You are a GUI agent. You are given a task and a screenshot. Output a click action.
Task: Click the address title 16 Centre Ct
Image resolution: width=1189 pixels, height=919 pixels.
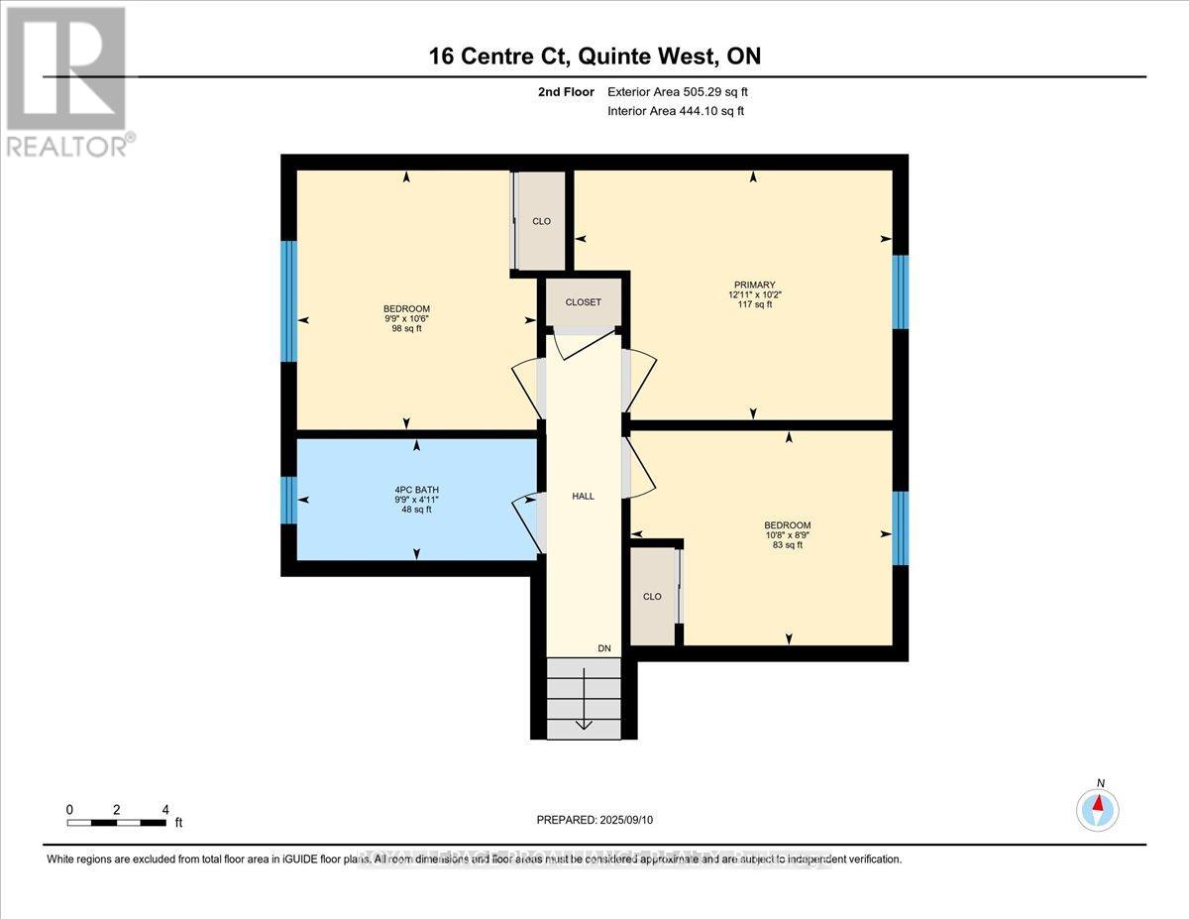coord(594,57)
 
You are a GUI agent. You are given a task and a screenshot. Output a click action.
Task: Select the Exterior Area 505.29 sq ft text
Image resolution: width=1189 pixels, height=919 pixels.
coord(677,92)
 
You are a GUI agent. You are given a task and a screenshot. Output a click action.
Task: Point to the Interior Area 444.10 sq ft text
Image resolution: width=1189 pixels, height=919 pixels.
coord(675,111)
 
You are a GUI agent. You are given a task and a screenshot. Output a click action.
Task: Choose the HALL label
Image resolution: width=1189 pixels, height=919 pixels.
coord(584,496)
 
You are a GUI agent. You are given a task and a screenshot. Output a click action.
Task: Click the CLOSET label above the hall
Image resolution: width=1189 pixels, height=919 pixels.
coord(584,302)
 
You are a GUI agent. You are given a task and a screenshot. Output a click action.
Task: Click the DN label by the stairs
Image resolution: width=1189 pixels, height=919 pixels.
coord(604,648)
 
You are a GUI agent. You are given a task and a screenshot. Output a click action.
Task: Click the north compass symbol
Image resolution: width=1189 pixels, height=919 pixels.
coord(1098,809)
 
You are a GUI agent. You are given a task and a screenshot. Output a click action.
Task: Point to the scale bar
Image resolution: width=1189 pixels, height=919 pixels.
coord(117,822)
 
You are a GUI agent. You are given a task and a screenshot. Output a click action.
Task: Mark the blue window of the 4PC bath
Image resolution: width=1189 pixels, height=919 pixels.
coord(288,500)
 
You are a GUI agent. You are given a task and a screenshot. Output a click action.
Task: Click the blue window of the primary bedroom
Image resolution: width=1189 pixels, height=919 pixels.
coord(900,291)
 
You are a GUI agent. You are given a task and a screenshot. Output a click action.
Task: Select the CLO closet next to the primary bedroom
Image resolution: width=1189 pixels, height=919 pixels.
coord(541,221)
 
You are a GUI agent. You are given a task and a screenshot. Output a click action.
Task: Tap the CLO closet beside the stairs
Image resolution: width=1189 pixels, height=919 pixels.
coord(652,597)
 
